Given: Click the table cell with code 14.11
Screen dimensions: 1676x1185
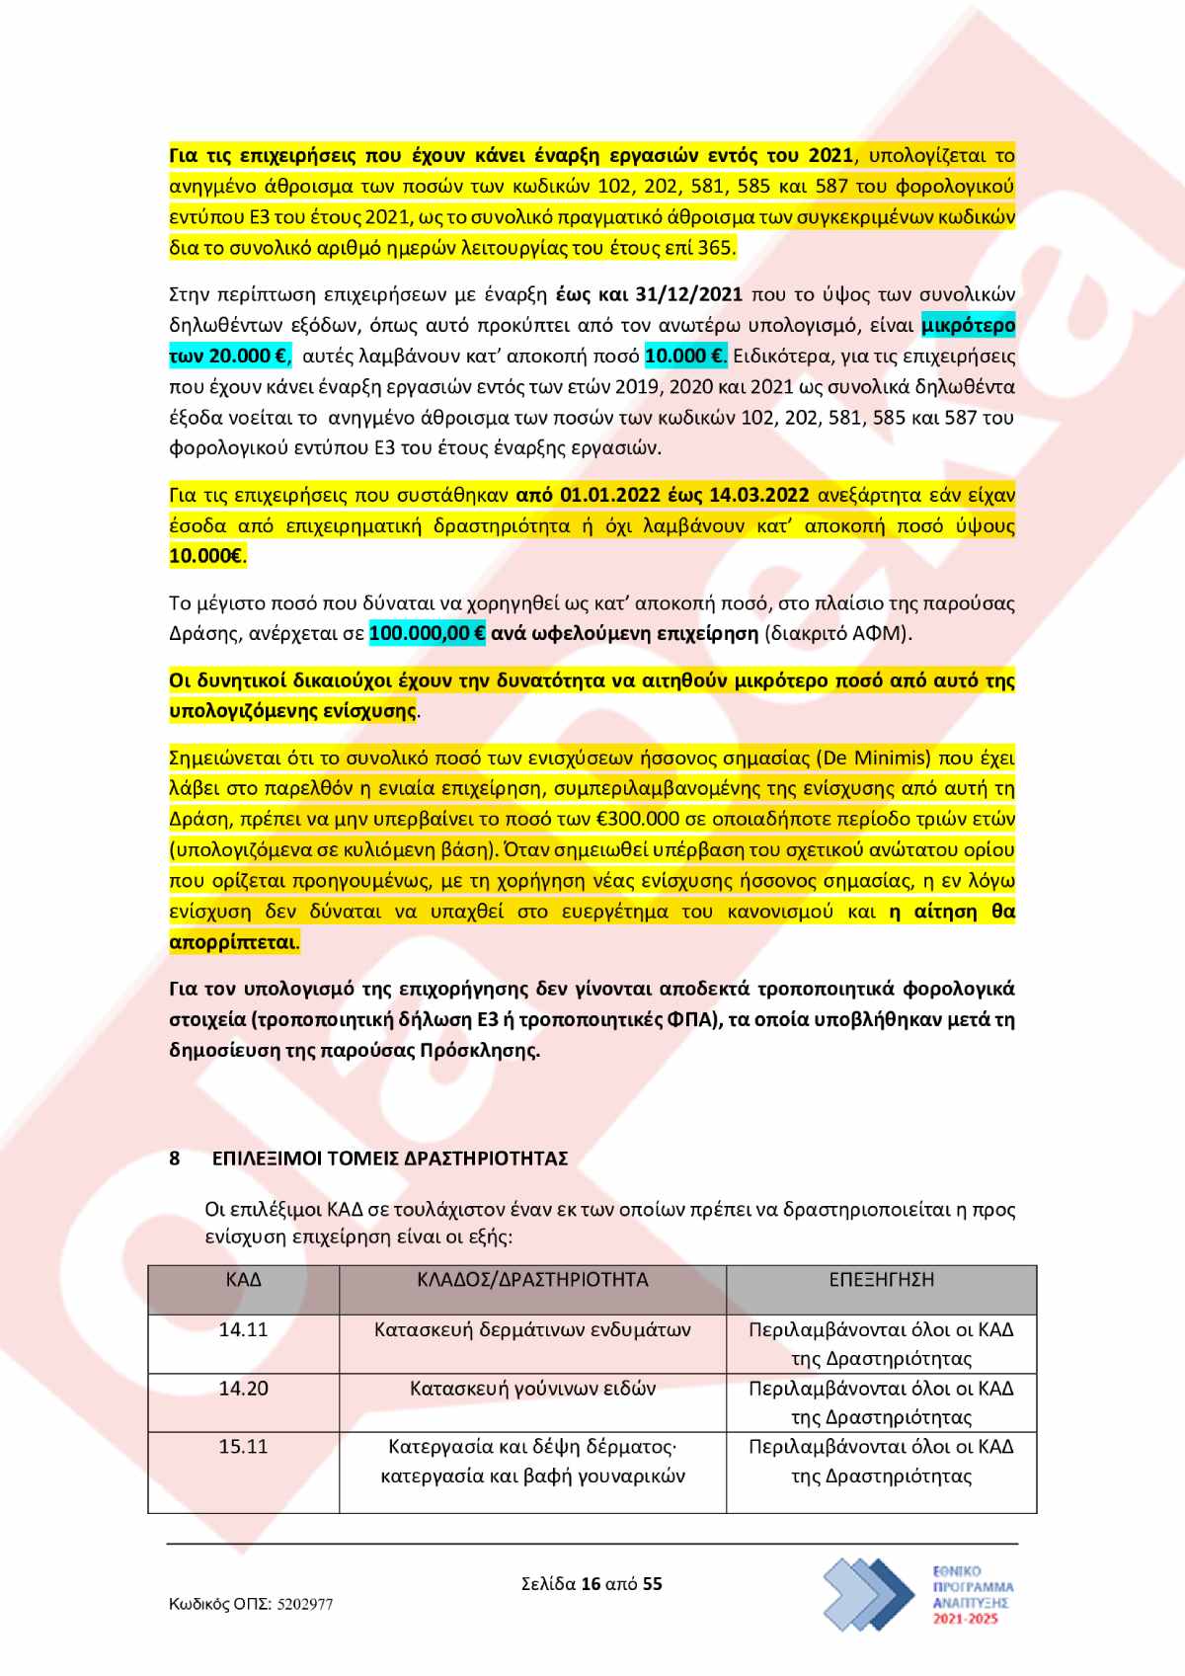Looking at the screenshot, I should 243,1330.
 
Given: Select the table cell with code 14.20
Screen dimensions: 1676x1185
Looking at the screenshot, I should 243,1389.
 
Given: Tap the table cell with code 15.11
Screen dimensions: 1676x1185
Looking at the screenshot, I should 243,1447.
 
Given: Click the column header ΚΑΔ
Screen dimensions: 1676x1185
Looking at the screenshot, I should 243,1280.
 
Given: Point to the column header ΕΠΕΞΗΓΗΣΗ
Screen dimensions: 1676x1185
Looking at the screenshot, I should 881,1280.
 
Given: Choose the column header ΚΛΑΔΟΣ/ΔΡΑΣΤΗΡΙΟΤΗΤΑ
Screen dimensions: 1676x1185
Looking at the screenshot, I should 532,1280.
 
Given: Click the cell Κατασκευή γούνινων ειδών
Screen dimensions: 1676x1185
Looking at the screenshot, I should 532,1389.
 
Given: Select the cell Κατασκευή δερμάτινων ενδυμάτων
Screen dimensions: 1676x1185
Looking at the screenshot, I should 532,1330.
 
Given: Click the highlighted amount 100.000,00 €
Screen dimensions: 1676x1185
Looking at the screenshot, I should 427,634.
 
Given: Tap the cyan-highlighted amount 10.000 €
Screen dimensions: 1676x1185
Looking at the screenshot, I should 684,356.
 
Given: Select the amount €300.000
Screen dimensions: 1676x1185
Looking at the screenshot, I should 639,820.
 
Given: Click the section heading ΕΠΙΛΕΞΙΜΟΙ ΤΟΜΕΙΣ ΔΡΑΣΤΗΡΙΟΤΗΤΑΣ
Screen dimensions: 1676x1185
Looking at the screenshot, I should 390,1158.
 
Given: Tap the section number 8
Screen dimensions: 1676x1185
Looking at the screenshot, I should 175,1158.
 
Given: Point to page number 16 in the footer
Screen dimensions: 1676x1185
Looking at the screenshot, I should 591,1584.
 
